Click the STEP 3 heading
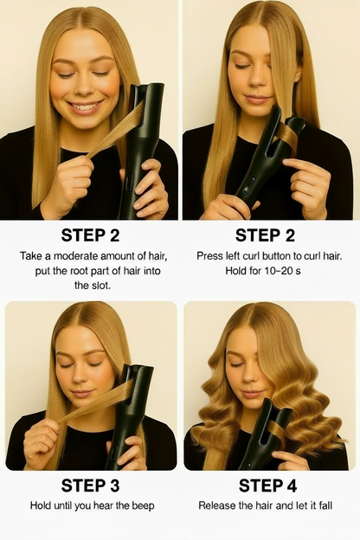point(91,485)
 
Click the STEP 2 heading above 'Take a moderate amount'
point(91,235)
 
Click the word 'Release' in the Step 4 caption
point(220,505)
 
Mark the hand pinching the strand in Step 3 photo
point(42,433)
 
